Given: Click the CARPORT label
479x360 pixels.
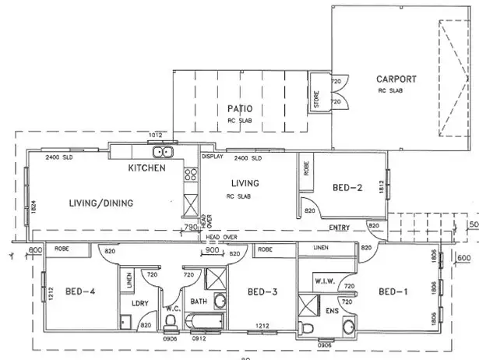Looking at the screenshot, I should (397, 79).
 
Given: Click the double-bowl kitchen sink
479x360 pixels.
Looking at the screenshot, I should (163, 152).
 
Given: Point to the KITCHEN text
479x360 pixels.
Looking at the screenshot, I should (146, 168).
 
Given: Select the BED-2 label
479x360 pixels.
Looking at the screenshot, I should (347, 187).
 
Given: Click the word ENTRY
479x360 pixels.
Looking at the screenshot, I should (340, 228).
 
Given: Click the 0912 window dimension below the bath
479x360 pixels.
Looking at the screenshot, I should (200, 338).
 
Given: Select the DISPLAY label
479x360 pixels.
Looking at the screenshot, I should (213, 157).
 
